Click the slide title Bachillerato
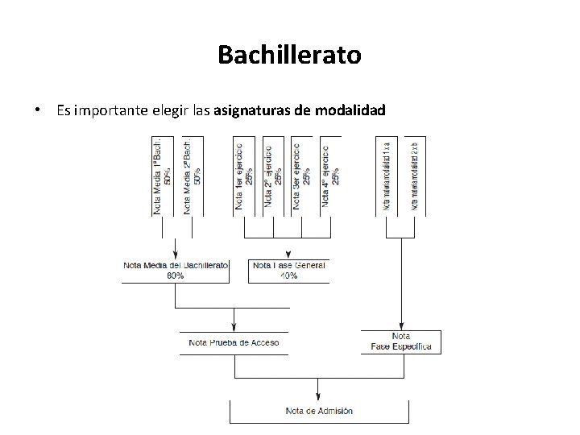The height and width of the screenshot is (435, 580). (289, 56)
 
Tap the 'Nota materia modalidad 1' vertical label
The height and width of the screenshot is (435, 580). (387, 176)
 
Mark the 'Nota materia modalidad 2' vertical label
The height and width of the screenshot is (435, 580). (415, 176)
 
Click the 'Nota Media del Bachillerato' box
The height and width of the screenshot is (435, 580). (176, 270)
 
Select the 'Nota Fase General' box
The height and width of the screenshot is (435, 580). (288, 270)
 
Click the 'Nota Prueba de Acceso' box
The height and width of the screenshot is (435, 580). (234, 342)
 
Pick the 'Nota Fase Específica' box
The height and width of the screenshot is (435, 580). (401, 342)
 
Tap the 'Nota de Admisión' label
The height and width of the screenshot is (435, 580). (319, 411)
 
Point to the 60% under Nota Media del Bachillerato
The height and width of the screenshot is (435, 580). (176, 275)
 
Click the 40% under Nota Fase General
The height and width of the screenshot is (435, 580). (288, 275)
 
